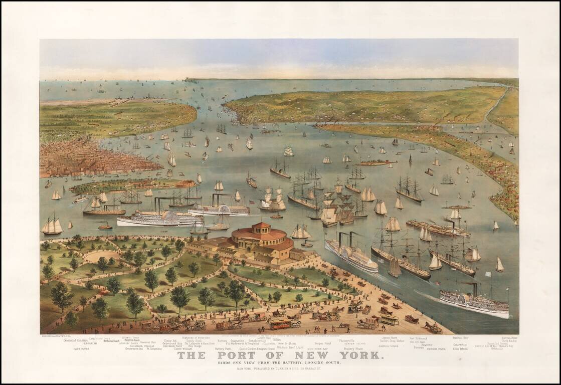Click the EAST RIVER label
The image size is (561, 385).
pos(81,348)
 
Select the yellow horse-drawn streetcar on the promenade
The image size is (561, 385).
pos(281,324)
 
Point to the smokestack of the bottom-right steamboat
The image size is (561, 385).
pos(474,289)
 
